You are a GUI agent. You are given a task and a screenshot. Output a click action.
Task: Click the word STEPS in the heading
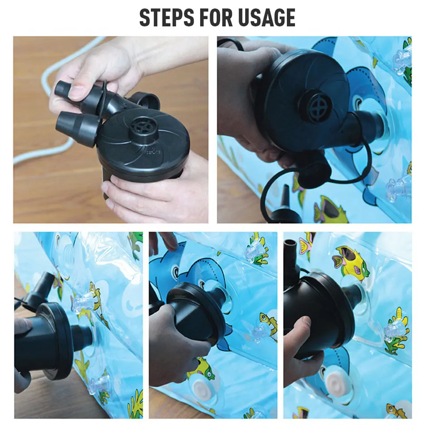pos(167,17)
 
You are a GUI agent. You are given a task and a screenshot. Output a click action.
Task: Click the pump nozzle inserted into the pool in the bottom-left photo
pos(83,339)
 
